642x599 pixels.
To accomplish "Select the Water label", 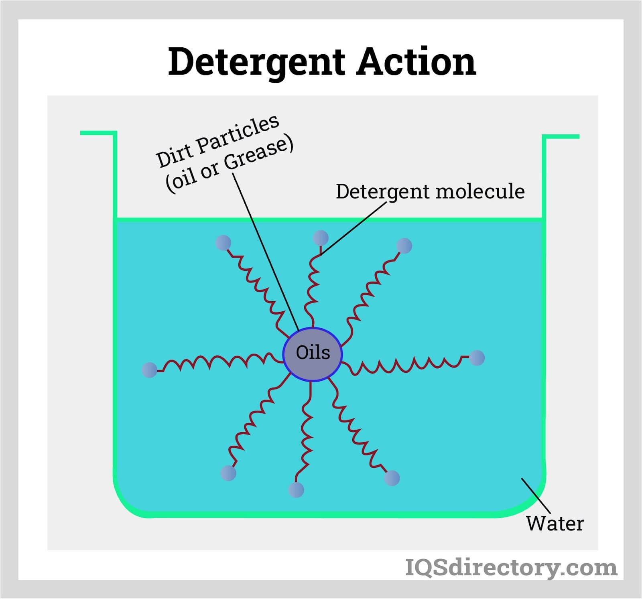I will [555, 524].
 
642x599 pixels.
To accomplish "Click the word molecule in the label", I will [480, 191].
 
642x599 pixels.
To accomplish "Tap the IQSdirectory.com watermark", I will [511, 567].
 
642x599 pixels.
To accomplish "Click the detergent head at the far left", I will [150, 370].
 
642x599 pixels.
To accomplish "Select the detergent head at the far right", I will [477, 357].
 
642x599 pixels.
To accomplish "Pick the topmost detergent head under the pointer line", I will [321, 238].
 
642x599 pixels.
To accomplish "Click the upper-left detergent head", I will [223, 243].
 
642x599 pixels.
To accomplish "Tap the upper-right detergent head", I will [404, 246].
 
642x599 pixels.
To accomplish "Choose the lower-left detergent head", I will [229, 473].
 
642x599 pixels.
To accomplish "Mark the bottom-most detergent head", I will [296, 490].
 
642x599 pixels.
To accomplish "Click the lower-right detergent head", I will [392, 478].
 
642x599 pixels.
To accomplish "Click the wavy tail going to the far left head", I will [217, 361].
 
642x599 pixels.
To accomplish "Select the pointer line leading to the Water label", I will [536, 496].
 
